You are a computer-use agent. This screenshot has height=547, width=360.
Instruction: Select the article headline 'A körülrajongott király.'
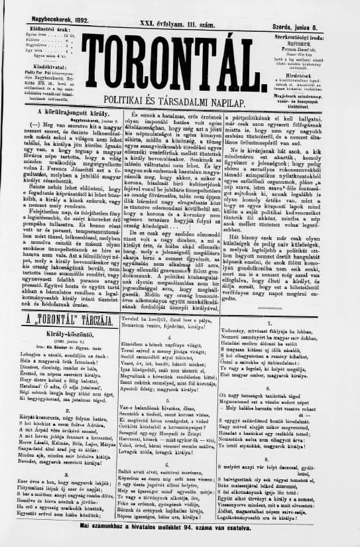point(68,114)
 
